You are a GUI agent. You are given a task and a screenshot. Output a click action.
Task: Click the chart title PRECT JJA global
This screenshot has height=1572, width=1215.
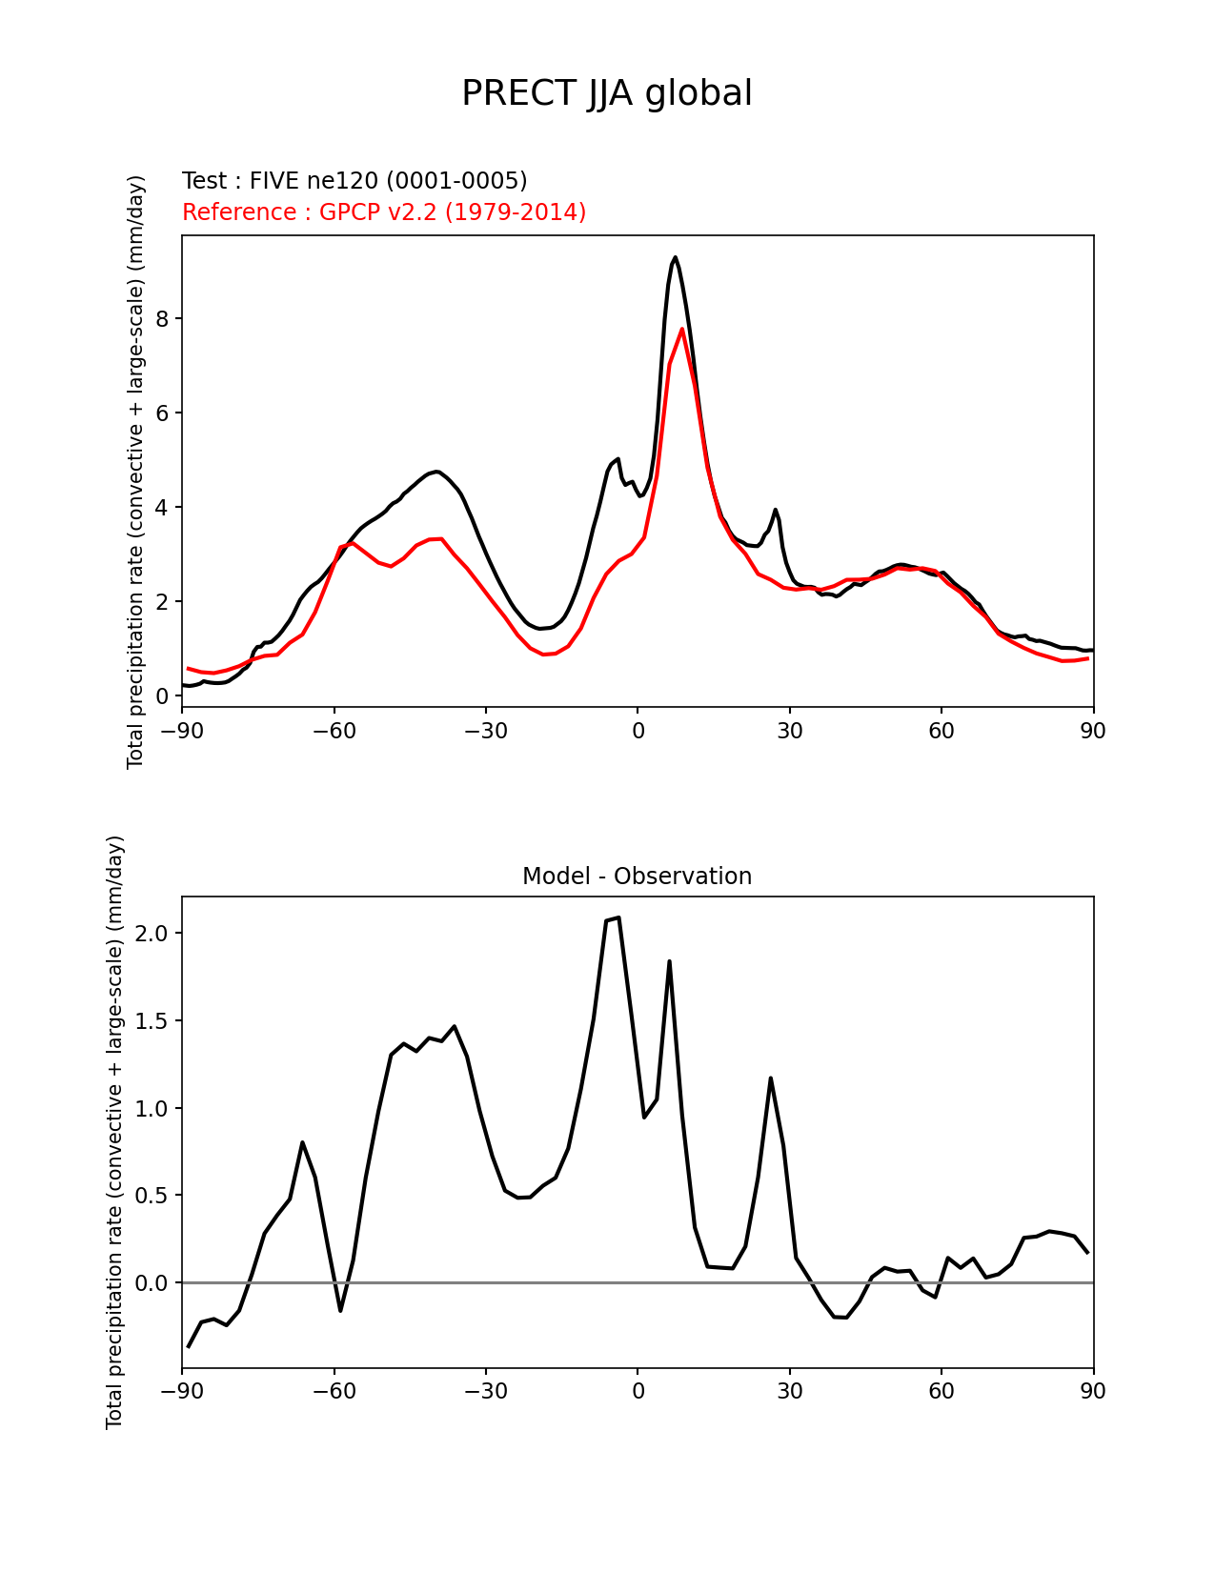tap(607, 93)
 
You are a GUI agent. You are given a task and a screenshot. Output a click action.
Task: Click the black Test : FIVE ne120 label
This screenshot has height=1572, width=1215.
tap(354, 181)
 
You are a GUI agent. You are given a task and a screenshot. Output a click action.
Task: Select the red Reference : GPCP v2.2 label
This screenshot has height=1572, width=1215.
tap(384, 212)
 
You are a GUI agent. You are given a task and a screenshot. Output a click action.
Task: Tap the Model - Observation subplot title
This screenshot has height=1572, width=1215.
tap(637, 877)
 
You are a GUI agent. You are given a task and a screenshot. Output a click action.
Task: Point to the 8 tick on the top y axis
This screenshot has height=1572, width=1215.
tap(163, 318)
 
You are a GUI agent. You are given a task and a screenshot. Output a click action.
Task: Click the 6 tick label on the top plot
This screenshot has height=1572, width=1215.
tap(163, 413)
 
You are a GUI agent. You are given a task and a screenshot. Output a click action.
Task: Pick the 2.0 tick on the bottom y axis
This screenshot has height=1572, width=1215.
tap(152, 933)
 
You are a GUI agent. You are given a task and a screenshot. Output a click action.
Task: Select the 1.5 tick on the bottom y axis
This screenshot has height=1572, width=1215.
tap(152, 1020)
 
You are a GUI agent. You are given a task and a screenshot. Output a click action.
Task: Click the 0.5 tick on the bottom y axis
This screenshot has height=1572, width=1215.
tap(152, 1196)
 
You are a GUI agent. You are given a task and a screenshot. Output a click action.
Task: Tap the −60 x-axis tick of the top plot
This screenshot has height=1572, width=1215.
tap(334, 731)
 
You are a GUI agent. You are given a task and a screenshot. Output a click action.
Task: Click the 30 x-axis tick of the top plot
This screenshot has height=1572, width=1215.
tap(789, 731)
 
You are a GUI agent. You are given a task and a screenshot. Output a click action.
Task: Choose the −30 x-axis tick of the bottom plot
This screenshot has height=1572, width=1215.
tap(485, 1391)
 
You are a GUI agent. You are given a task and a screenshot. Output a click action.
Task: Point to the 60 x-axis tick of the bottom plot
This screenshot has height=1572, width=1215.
tap(941, 1391)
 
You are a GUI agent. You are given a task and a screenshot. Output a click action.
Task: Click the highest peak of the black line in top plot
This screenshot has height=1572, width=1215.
tap(675, 257)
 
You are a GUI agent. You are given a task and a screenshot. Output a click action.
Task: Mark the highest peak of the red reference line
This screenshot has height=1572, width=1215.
tap(682, 329)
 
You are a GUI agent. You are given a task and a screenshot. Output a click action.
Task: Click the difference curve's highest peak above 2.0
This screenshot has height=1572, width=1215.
tap(618, 917)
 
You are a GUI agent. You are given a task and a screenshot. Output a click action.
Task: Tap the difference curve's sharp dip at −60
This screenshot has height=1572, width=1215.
tap(340, 1311)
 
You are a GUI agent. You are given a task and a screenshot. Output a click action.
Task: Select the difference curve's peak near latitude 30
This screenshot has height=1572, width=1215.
tap(770, 1078)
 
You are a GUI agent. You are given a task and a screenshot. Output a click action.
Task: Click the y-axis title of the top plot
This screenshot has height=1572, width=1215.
tap(136, 472)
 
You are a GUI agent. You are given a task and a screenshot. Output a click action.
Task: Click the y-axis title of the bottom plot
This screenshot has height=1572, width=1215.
tap(115, 1132)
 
